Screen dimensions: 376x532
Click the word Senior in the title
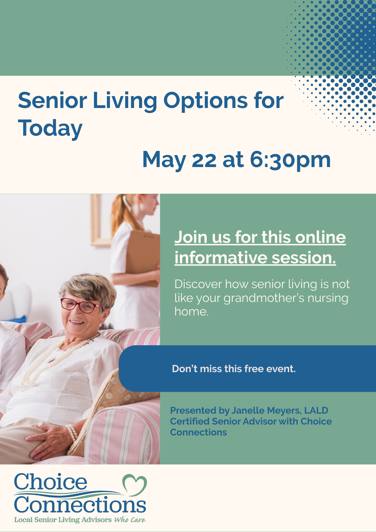[x=52, y=100]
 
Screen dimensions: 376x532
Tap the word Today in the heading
[x=50, y=128]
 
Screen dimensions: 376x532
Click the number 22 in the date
[x=204, y=160]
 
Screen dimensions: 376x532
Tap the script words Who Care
[x=130, y=519]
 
